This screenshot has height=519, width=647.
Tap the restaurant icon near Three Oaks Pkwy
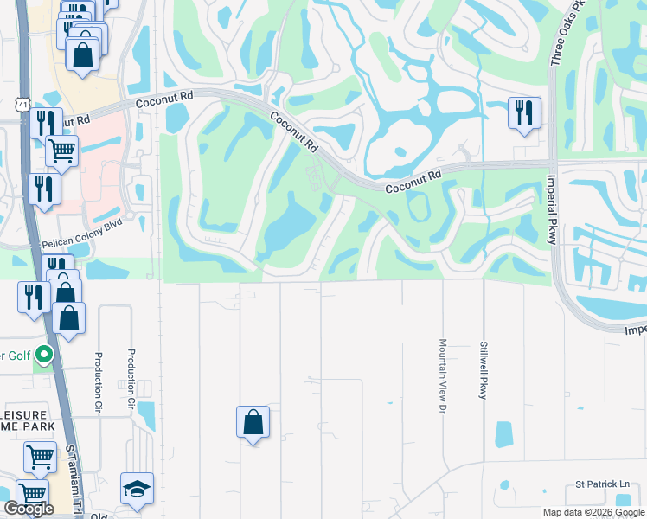(x=524, y=112)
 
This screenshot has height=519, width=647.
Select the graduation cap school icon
(x=137, y=489)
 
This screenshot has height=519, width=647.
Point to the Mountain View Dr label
(x=442, y=373)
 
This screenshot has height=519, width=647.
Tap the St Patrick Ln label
(x=604, y=485)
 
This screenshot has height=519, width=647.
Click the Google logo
(x=29, y=509)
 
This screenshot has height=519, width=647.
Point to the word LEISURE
(x=27, y=412)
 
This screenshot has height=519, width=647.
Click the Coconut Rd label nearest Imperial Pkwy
(x=413, y=181)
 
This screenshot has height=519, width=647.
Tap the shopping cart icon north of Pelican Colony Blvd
(x=61, y=151)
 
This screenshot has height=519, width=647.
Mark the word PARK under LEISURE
(x=36, y=426)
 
